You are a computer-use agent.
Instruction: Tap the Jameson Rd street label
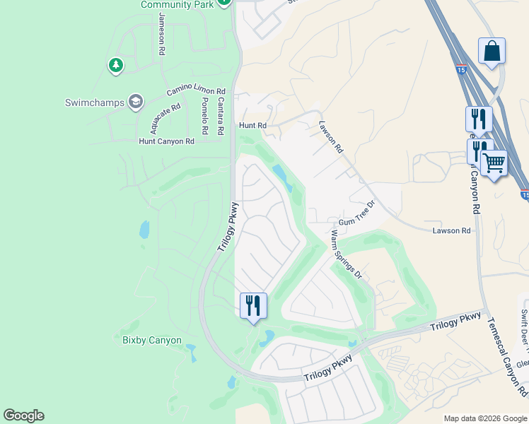(162, 35)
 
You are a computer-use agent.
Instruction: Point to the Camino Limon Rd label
(196, 92)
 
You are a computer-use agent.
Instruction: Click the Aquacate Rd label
(165, 118)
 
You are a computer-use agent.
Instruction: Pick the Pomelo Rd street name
(204, 117)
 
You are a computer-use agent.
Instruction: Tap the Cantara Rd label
(220, 117)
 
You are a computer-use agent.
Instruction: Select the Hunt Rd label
(252, 126)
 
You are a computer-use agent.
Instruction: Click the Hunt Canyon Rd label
(166, 141)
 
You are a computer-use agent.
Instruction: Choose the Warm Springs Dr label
(346, 254)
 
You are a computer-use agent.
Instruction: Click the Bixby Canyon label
(152, 341)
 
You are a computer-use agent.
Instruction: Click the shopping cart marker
(494, 163)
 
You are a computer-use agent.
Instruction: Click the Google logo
(24, 416)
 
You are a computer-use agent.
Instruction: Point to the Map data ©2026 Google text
(485, 418)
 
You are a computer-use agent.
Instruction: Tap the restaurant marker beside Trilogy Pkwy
(253, 305)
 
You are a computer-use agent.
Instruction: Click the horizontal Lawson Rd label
(451, 231)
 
